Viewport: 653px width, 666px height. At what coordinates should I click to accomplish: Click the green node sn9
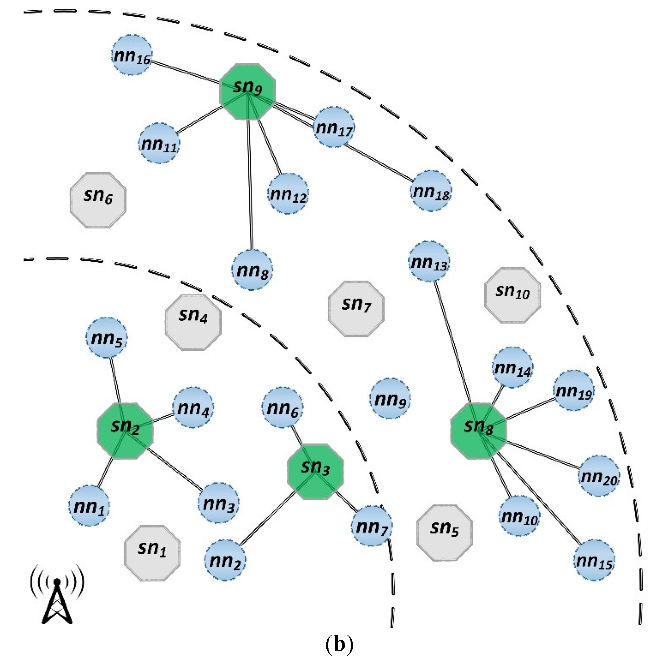[x=247, y=91]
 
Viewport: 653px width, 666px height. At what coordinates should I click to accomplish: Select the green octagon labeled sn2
[x=125, y=430]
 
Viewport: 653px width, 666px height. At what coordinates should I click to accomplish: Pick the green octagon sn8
[x=479, y=430]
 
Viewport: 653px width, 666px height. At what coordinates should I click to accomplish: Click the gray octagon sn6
[x=98, y=200]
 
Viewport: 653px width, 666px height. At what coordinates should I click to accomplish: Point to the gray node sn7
[x=356, y=309]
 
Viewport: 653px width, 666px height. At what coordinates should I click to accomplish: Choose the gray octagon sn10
[x=512, y=295]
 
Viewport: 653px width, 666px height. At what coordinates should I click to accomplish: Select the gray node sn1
[x=152, y=553]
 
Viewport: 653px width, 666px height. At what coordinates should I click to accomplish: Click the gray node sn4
[x=193, y=322]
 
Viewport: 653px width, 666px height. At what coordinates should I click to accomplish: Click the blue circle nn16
[x=132, y=55]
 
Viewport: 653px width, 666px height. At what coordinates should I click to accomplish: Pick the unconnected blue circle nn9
[x=390, y=398]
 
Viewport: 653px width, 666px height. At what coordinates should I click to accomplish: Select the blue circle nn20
[x=599, y=476]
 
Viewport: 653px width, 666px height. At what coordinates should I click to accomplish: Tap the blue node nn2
[x=225, y=560]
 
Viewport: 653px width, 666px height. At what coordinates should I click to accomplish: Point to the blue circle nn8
[x=252, y=270]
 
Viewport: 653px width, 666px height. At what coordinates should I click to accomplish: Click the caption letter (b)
[x=339, y=644]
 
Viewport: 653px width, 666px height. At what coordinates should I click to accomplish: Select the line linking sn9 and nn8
[x=250, y=182]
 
